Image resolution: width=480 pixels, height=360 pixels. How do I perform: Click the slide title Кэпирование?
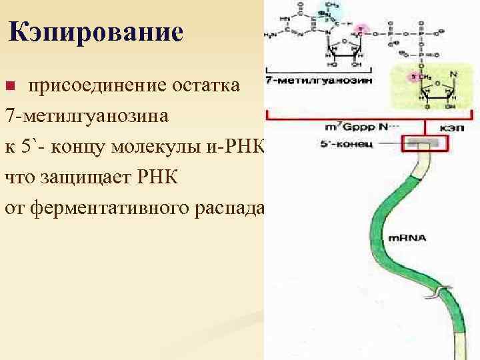point(96,32)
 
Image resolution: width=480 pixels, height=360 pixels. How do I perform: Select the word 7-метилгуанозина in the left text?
point(86,116)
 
